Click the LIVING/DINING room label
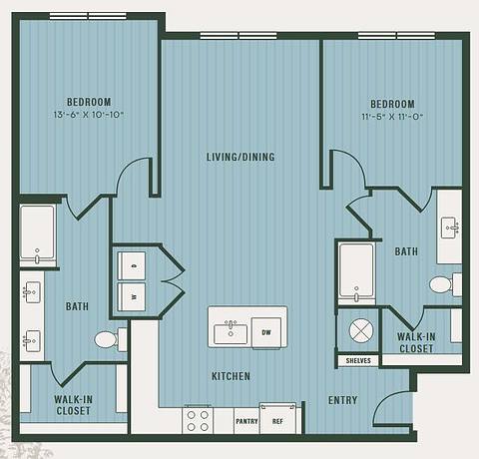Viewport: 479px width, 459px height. tap(239, 157)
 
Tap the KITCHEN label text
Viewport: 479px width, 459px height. tap(230, 376)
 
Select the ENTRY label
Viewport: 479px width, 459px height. tap(343, 400)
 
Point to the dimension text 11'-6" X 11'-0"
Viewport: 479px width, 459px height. tap(391, 115)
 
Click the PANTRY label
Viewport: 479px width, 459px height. tap(246, 421)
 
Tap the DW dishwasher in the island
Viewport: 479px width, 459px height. tap(266, 331)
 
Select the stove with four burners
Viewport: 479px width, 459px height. tap(197, 419)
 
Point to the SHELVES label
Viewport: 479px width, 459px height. tap(358, 360)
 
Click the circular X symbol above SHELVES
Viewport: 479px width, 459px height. tap(357, 329)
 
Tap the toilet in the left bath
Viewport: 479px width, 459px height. tap(107, 340)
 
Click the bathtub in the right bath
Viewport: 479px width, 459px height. tap(356, 270)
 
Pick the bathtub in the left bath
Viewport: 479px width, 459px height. tap(38, 235)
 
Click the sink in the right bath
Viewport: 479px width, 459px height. tap(450, 228)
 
